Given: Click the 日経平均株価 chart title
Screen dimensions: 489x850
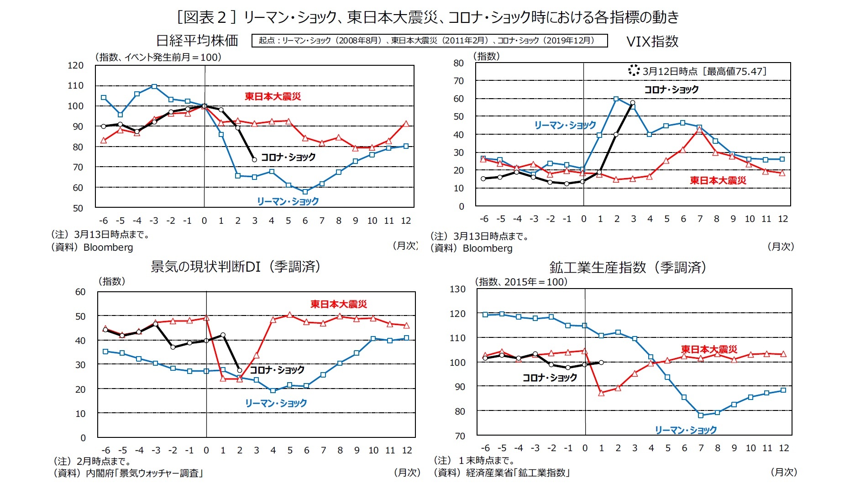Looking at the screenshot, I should coord(197,41).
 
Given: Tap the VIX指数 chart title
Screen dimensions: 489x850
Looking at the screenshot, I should coord(652,42).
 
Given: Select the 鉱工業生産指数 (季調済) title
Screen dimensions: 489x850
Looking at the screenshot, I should coord(628,267).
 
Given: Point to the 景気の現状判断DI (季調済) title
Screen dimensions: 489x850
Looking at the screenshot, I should coord(236,267).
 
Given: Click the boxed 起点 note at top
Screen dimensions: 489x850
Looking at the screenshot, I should coord(429,41).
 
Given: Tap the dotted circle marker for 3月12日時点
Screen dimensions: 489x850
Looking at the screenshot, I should coord(634,70).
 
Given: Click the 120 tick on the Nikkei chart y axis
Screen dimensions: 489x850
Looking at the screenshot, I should coord(76,65).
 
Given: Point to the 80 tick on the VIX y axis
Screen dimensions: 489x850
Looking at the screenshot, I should coord(458,63).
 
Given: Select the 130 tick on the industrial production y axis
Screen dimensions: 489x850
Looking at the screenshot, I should coord(457,289).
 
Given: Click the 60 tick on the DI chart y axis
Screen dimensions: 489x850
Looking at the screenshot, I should coord(80,292).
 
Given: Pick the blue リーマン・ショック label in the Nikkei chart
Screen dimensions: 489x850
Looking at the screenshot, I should coord(288,201).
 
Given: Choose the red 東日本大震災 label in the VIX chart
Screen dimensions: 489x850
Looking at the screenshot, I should coord(718,180).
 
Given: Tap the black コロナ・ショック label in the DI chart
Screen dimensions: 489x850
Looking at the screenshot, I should coord(277,370).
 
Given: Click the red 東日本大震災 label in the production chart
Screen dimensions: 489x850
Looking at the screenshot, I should coord(709,349).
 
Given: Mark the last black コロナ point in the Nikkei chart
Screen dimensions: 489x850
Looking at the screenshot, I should coord(254,159).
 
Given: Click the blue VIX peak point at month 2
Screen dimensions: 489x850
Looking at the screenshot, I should coord(616,99).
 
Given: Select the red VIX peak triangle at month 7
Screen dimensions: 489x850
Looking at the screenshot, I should coord(699,130).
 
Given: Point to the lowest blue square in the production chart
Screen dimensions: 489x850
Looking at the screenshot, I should coord(701,415).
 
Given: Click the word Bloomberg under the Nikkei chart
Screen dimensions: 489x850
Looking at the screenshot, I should coord(108,247).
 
